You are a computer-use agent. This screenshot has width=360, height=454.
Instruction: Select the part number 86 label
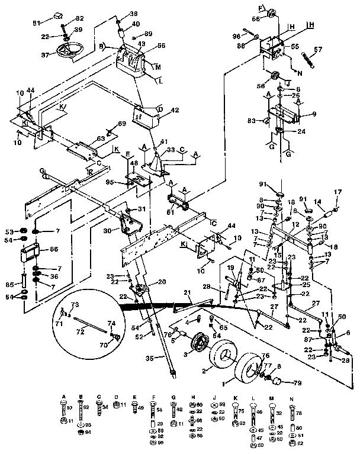[x=54, y=250]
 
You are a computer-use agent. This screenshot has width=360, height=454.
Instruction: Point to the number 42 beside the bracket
[x=158, y=110]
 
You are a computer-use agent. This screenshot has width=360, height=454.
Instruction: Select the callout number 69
[x=122, y=124]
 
